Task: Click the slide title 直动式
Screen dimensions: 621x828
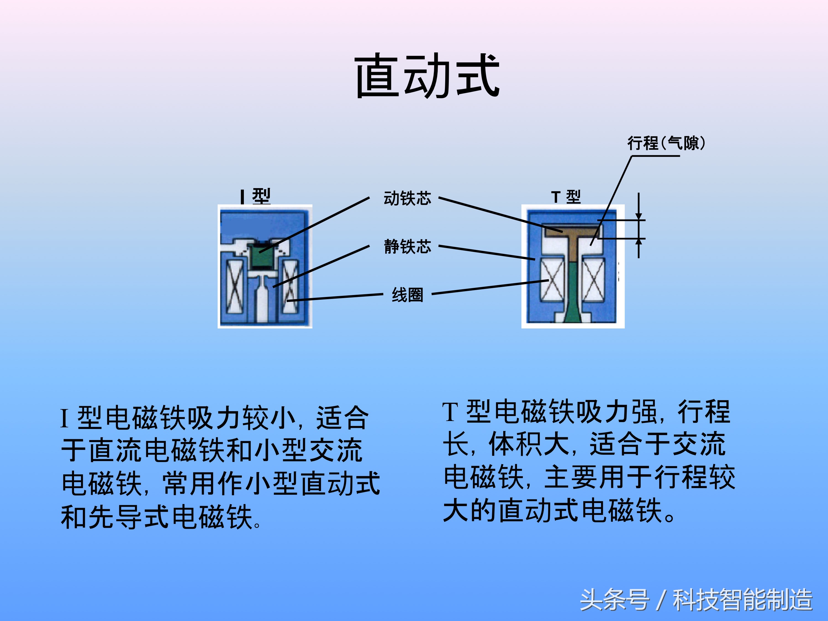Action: tap(427, 76)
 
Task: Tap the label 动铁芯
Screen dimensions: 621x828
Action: tap(407, 198)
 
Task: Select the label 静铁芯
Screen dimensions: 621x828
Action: tap(407, 247)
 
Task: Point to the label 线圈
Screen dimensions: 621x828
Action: tap(407, 295)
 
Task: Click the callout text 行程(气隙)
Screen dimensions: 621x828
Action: tap(666, 143)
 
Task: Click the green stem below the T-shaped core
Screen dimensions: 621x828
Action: tap(572, 292)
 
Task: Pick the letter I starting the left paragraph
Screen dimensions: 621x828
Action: tap(64, 419)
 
